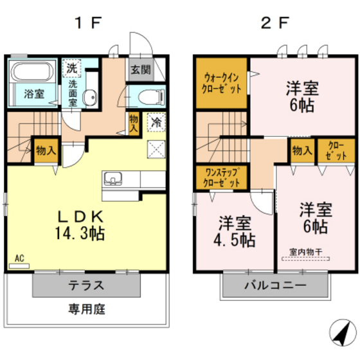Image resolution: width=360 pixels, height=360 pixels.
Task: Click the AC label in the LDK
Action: tap(19, 259)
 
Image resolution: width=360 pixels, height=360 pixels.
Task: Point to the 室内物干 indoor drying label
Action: tap(305, 251)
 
